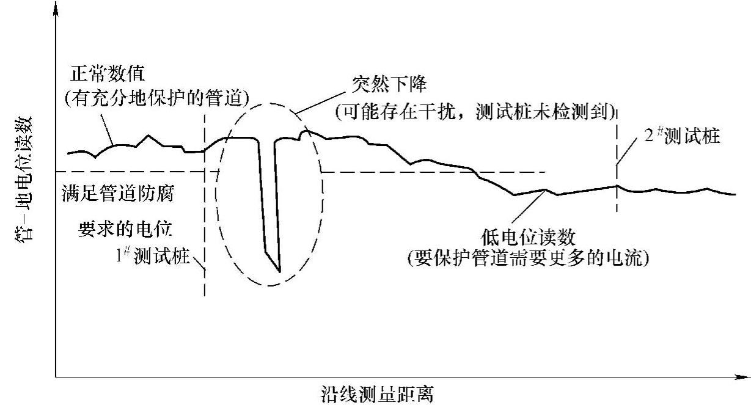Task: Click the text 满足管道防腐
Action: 119,195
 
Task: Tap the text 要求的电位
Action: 125,228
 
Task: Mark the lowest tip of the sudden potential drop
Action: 279,271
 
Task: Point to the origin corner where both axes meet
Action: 56,376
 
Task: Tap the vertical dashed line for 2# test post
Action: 617,183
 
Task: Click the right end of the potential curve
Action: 736,195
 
